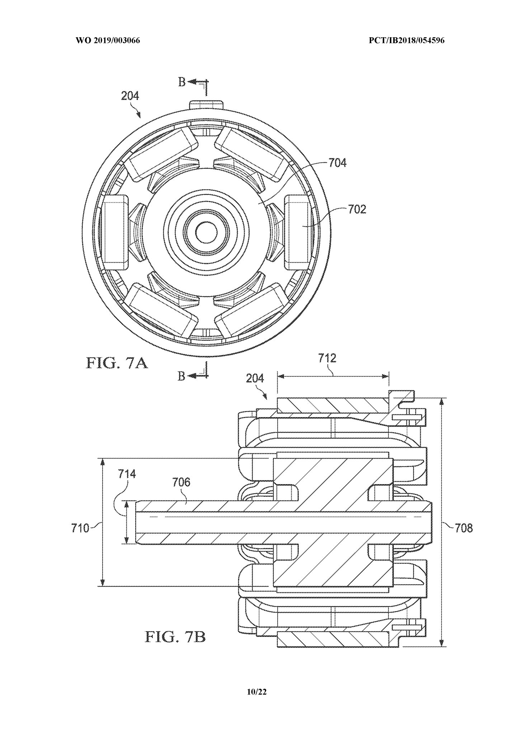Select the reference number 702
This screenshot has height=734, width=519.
pyautogui.click(x=357, y=209)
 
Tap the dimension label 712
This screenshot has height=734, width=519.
pyautogui.click(x=327, y=358)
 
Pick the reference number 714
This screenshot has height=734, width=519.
pyautogui.click(x=127, y=474)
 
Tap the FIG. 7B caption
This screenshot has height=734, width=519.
pyautogui.click(x=175, y=637)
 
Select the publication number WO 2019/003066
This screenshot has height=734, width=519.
pyautogui.click(x=108, y=41)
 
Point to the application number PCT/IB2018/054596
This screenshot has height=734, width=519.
pyautogui.click(x=407, y=41)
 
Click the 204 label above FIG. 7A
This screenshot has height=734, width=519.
pyautogui.click(x=130, y=96)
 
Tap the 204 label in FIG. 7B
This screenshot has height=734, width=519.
pyautogui.click(x=255, y=378)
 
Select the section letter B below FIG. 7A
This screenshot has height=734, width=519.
pyautogui.click(x=182, y=376)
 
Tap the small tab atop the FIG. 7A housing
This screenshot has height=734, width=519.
pyautogui.click(x=206, y=104)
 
